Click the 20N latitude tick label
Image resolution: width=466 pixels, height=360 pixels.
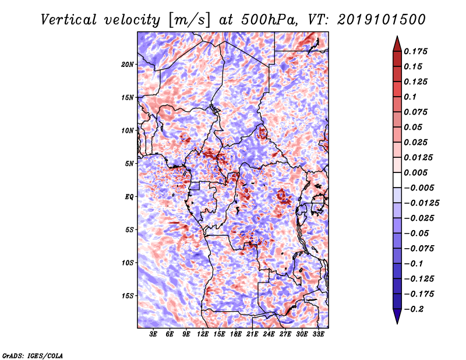coord(128,65)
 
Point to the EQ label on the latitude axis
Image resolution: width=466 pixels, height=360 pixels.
coord(129,197)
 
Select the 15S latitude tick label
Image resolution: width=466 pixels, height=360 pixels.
coord(128,296)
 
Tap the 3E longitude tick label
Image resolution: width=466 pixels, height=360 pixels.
coord(153,334)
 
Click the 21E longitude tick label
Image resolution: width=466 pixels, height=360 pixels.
coord(252,334)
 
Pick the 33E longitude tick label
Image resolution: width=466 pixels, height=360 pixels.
coord(318,334)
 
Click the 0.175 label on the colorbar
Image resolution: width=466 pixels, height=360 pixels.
coord(415,51)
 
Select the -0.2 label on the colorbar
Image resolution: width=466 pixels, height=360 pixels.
coord(414,309)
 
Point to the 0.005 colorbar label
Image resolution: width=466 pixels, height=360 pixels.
coord(415,172)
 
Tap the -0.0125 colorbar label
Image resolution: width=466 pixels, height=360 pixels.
coord(421,203)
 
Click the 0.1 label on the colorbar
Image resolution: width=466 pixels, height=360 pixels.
coord(410,97)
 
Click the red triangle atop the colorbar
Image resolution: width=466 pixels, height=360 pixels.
coord(397,44)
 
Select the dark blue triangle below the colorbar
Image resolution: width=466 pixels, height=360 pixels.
coord(397,316)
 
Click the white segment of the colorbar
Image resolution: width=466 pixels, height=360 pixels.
coord(397,180)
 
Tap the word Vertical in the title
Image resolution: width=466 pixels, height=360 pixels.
coord(69,20)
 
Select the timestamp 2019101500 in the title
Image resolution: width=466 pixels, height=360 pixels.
coord(382,20)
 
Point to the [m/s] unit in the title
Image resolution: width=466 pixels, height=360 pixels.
coord(189,20)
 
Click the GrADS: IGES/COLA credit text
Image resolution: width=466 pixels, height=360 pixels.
coord(33,356)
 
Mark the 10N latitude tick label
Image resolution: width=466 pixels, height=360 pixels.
coord(128,130)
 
